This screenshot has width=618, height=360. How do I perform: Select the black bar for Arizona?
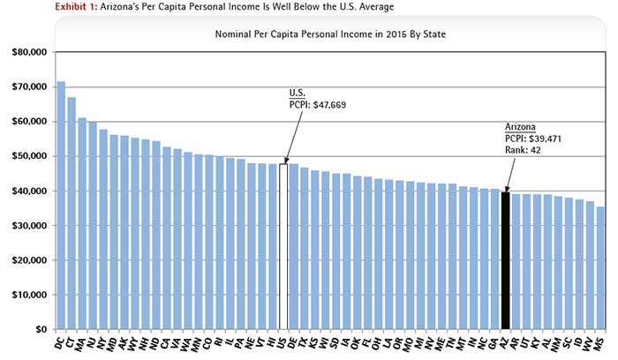506,260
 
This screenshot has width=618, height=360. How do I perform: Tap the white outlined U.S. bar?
283,246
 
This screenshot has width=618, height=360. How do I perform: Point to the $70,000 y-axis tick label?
27,87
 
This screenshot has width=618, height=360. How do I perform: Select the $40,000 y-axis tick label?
27,191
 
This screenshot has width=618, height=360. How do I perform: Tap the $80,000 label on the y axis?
27,53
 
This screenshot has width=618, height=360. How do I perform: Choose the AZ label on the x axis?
503,341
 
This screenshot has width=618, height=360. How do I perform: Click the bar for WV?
591,265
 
